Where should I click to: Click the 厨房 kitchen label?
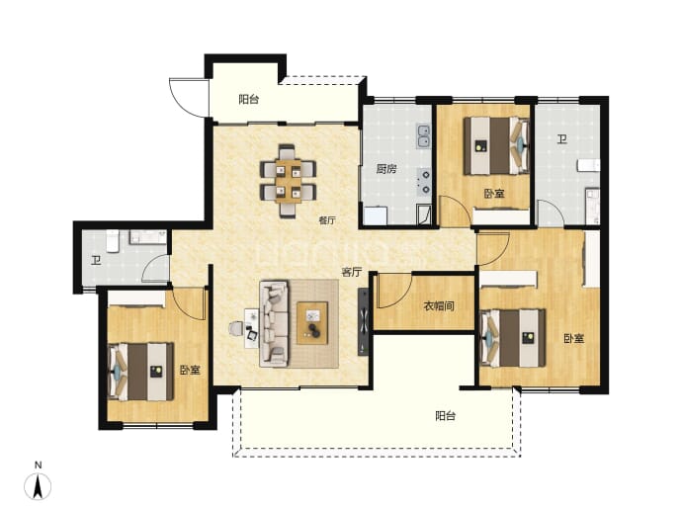[386, 169]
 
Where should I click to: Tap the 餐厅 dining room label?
[327, 220]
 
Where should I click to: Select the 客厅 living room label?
[352, 273]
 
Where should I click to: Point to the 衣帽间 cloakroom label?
[439, 306]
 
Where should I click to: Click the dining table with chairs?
[288, 181]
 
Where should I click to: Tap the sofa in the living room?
[274, 323]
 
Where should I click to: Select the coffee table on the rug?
[312, 323]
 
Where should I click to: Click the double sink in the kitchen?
[423, 135]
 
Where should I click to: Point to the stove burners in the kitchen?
[424, 181]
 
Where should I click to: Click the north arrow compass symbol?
[38, 484]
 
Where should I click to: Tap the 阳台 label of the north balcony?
[249, 100]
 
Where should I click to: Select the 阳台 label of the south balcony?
[446, 416]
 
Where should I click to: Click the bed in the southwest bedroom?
[140, 372]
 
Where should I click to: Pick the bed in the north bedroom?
[497, 145]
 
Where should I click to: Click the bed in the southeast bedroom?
[513, 338]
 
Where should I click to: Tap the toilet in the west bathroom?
[113, 240]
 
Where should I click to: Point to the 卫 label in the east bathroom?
[562, 139]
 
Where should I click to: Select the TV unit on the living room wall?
[363, 321]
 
